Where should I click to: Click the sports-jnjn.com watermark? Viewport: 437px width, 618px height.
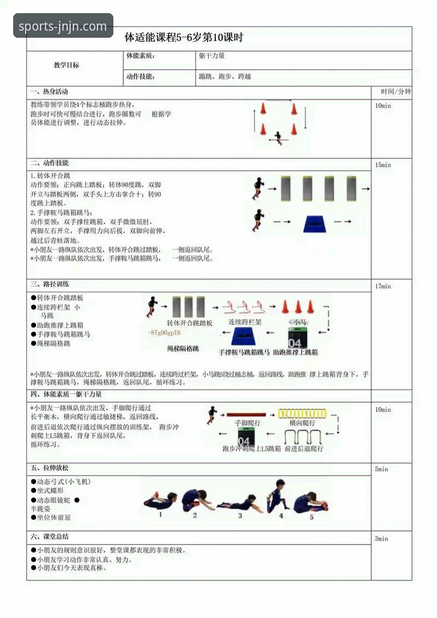point(63,26)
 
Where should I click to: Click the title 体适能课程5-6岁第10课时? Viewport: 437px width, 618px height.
point(183,38)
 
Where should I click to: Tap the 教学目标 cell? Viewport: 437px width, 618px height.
point(66,65)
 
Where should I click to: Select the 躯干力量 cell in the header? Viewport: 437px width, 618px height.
point(212,56)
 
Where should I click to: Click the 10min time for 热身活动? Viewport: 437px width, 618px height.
point(383,106)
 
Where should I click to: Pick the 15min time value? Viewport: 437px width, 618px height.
point(383,165)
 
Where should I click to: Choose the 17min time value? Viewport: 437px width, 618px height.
point(383,286)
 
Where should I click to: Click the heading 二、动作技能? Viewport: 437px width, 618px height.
point(49,163)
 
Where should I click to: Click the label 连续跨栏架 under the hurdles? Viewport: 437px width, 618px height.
point(245,322)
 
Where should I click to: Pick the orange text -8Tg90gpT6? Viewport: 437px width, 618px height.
point(164,333)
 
